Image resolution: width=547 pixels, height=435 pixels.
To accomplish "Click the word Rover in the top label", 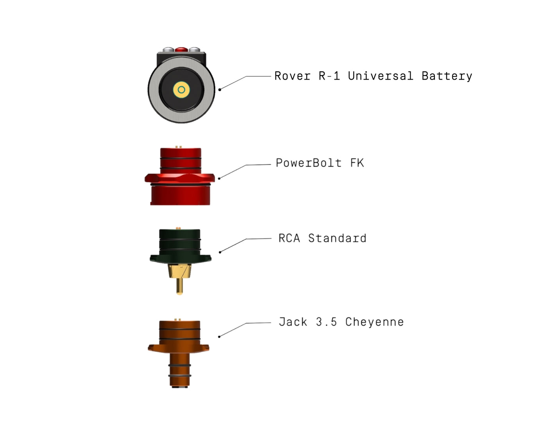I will (292, 76).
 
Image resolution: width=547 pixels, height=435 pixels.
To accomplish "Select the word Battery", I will (447, 76).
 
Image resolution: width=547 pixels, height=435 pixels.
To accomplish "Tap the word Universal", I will (380, 76).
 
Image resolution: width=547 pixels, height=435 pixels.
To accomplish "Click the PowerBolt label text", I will (308, 163).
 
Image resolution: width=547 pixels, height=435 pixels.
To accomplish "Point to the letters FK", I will (357, 163).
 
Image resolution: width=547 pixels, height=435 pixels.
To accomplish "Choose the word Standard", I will (337, 238).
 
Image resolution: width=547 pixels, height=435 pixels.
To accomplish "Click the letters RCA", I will (289, 238).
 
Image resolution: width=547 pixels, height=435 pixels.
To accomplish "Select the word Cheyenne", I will (374, 322).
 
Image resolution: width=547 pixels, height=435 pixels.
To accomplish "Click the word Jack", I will (293, 322).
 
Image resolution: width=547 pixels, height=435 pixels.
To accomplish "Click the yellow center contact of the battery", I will (181, 90).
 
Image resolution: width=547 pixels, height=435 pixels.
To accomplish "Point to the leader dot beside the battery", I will (220, 89).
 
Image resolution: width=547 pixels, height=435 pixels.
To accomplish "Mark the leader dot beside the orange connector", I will (219, 337).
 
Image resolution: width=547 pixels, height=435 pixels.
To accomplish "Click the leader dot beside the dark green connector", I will (220, 252).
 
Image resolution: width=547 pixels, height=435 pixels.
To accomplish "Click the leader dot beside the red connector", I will (219, 178).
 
